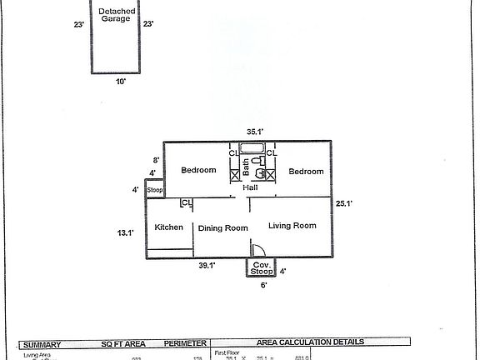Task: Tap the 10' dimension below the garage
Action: [121, 82]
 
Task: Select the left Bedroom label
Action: [198, 171]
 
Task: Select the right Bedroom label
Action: [306, 171]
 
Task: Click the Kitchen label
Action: [168, 227]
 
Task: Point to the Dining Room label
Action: [222, 227]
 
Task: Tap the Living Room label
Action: [292, 225]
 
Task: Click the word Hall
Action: [250, 188]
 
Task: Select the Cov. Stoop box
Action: [262, 268]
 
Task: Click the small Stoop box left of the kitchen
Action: [154, 191]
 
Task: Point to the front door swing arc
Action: [258, 248]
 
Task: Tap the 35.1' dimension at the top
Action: [254, 131]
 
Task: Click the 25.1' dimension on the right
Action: [345, 202]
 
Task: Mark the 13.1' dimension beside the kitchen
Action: [124, 234]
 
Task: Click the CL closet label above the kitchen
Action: [187, 202]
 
